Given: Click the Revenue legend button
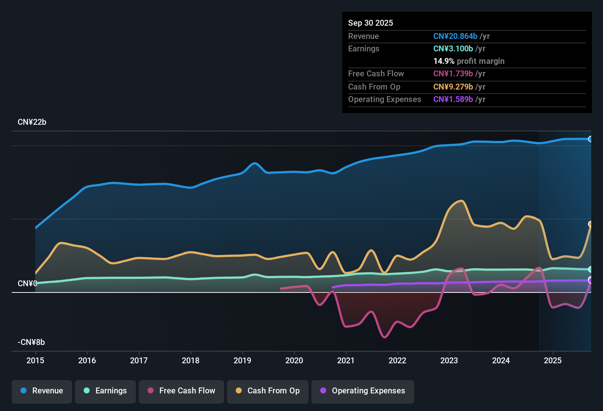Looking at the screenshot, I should tap(42, 391).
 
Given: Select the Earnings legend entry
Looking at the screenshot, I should tap(105, 391).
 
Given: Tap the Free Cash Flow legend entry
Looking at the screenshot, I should tap(181, 391).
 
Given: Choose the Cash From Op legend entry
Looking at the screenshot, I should tap(268, 391).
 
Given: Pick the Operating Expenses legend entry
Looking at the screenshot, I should tap(363, 391).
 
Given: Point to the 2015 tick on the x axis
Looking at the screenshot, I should tap(35, 360).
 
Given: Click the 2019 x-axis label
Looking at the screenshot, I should tap(242, 360).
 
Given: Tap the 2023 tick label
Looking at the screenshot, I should tap(449, 360).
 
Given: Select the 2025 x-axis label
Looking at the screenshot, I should tap(553, 360).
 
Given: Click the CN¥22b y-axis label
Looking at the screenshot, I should tap(32, 122).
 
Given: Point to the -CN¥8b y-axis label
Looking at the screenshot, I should tap(31, 342).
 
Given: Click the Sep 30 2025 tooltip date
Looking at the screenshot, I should tap(371, 23).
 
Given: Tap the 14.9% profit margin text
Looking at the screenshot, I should tap(469, 61).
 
